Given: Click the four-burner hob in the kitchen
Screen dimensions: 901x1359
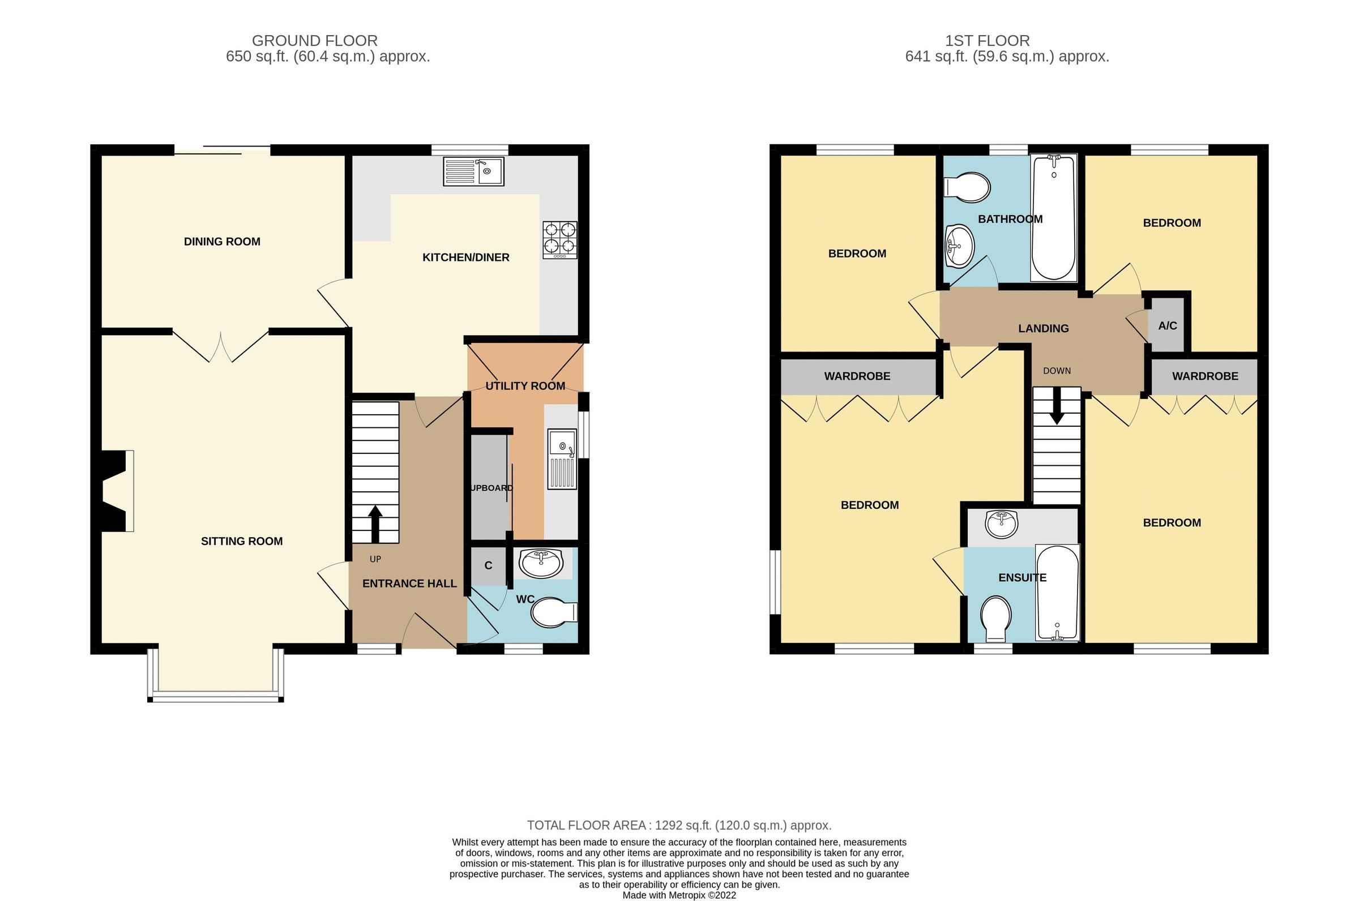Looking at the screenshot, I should pos(559,239).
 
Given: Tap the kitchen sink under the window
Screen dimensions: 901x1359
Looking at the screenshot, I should pos(473,171).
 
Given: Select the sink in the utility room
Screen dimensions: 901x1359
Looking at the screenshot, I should pos(562,458).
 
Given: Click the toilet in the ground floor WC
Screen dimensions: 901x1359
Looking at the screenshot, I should pos(552,613).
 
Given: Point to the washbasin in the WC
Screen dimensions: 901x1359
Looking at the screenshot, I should pos(540,563).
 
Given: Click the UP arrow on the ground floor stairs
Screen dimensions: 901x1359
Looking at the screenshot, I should pos(375,523).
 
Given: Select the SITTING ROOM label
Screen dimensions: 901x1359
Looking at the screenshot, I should pos(241,540).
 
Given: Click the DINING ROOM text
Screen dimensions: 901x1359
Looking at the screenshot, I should pos(222,241).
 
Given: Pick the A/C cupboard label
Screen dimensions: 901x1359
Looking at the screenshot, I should pos(1167,326).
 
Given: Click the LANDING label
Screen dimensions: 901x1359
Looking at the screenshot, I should pos(1044,328).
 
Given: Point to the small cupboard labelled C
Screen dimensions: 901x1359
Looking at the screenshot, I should pos(488,565).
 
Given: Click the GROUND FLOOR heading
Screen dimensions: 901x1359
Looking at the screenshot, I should pos(314,41).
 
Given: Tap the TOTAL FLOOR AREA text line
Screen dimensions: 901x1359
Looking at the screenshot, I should pos(679,825).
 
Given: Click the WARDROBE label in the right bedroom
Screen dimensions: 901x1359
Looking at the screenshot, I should pos(1205,376).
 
